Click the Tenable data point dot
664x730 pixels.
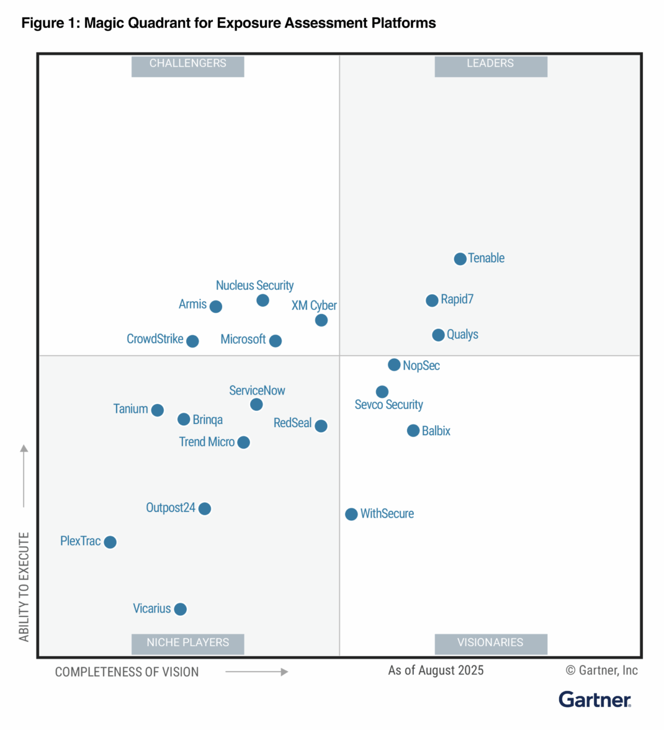460,259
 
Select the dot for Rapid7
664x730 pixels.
432,300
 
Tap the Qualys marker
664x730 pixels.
438,335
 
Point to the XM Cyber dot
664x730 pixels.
321,320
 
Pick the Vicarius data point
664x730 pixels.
180,609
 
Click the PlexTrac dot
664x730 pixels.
110,542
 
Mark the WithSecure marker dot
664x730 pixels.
351,514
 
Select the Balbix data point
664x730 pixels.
413,431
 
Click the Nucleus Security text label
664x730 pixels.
254,286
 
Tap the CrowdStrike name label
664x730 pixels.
155,339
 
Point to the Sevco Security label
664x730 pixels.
388,405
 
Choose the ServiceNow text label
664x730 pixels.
257,390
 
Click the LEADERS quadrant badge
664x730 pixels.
490,64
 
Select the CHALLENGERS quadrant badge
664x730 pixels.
187,64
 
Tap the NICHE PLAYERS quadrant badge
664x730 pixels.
187,643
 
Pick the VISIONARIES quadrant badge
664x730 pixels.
490,643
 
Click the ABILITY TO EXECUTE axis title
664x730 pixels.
24,587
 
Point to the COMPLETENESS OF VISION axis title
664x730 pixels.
127,672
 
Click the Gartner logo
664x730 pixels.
594,700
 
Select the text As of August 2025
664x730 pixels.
436,670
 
